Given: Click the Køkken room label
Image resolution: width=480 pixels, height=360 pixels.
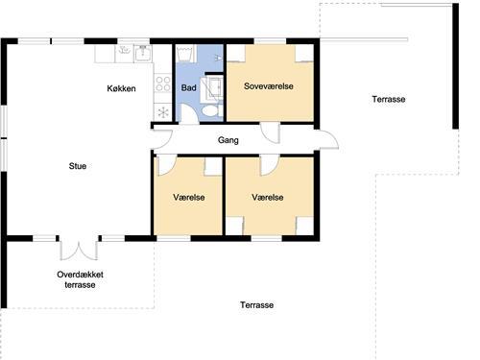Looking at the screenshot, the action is [121, 88].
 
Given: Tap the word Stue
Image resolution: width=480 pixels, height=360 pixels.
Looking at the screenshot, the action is [78, 166].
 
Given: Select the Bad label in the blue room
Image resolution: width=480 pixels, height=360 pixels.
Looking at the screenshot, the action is [188, 87].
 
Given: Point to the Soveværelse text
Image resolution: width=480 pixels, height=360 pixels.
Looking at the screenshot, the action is [269, 86].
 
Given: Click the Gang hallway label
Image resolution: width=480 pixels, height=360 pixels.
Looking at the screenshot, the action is [228, 140].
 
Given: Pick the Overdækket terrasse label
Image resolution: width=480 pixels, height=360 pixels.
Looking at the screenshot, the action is [80, 279].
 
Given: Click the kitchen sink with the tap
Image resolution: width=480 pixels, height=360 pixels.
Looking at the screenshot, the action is [143, 53].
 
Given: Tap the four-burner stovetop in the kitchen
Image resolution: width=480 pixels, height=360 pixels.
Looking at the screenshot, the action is [163, 84].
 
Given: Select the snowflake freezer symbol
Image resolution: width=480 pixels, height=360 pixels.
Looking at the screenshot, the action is [163, 112].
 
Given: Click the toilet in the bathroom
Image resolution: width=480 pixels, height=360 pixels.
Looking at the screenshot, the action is [211, 110].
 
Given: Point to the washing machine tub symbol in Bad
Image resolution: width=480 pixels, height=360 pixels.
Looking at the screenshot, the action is [185, 54].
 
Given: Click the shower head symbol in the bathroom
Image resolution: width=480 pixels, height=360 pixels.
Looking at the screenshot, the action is [218, 58].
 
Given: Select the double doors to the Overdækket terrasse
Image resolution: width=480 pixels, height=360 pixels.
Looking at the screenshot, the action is [79, 249].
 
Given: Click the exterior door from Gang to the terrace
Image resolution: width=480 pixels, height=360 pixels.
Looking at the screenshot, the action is [327, 139].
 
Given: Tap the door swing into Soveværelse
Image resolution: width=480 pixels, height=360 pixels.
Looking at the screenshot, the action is [271, 132].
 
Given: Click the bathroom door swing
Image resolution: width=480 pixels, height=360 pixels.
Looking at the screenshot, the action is [189, 113].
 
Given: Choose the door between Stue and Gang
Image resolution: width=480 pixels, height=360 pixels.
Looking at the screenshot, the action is [162, 139].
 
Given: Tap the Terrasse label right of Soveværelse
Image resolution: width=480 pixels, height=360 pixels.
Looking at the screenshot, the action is [389, 99].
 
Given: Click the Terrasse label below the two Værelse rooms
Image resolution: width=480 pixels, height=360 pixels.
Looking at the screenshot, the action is [256, 305].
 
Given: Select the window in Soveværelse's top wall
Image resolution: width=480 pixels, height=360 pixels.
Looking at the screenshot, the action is [270, 41].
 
